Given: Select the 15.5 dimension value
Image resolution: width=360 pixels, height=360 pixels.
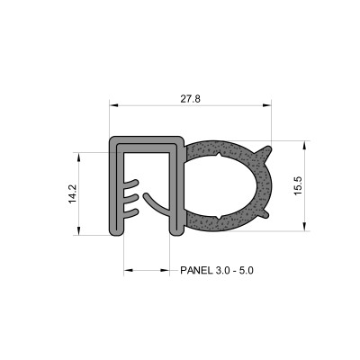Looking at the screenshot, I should pyautogui.click(x=297, y=186).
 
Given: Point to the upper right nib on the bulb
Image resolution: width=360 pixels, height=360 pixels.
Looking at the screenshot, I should pyautogui.click(x=265, y=150).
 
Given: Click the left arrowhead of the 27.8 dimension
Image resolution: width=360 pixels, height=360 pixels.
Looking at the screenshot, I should pyautogui.click(x=113, y=104).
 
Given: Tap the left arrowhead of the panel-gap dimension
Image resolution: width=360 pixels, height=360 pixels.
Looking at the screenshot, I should pyautogui.click(x=127, y=269).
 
